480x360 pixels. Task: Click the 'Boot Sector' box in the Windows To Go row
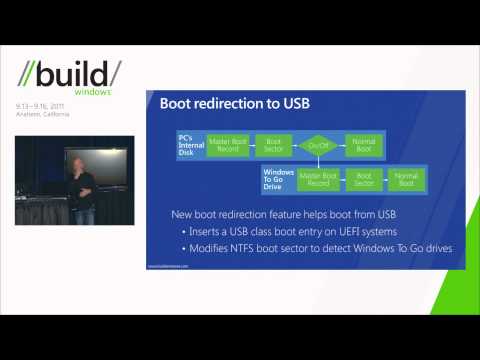click(x=363, y=180)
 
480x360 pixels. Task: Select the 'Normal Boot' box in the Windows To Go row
click(x=407, y=180)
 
